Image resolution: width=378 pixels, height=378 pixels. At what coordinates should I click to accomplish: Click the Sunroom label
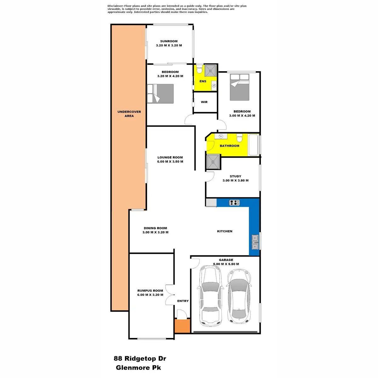[169, 41]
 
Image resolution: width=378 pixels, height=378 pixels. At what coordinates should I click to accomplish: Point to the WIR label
[204, 102]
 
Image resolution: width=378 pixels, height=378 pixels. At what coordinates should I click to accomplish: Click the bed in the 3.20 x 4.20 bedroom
[161, 93]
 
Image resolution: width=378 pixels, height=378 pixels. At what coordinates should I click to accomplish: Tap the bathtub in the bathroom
[254, 145]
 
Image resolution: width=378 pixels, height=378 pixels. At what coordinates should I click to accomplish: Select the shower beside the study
[214, 163]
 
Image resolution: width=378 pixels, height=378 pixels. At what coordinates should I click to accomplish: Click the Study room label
[236, 176]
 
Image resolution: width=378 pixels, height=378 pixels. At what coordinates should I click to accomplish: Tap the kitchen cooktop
[234, 203]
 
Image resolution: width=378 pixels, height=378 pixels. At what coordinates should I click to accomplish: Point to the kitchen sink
[255, 242]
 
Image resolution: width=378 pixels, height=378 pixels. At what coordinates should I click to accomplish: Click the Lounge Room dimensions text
[170, 162]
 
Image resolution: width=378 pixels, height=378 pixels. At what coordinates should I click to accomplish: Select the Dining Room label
[155, 228]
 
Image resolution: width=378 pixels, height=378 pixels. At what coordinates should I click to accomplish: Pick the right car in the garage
[238, 296]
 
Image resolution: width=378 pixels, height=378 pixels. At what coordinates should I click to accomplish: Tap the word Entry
[183, 301]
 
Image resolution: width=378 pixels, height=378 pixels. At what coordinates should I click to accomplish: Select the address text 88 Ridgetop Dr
[140, 358]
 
